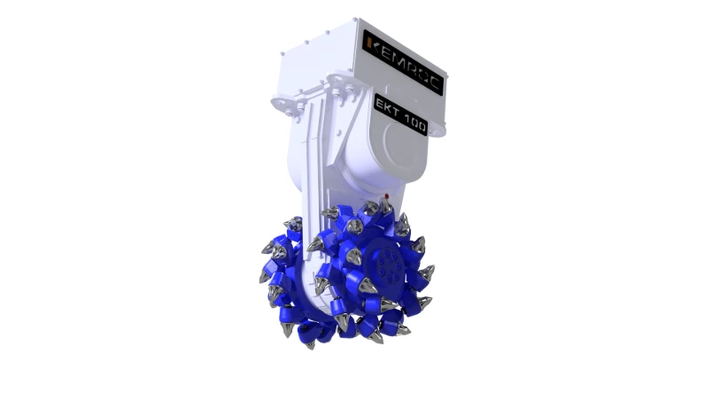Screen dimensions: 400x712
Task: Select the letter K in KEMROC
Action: (x=370, y=42)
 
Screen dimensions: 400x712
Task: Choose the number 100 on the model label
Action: (x=414, y=121)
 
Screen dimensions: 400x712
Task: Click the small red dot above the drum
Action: (x=385, y=196)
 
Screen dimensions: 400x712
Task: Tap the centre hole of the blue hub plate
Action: (x=383, y=263)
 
